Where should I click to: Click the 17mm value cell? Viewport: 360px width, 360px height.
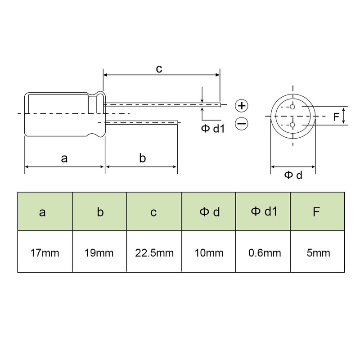(x=45, y=252)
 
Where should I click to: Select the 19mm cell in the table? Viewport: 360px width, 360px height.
(x=99, y=252)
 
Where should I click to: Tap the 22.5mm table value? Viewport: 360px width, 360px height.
(x=154, y=252)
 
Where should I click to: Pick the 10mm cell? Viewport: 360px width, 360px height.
(x=209, y=252)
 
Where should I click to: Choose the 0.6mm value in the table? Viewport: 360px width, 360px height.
(x=263, y=252)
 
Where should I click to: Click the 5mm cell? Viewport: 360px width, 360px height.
(x=318, y=252)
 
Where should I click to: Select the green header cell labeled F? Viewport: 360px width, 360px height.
(x=318, y=212)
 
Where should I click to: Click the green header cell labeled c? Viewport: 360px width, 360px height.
(x=154, y=212)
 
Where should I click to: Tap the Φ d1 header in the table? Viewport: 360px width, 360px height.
(x=263, y=211)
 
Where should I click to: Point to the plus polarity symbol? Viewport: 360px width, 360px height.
(x=242, y=106)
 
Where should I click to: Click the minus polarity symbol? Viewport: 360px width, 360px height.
(x=242, y=123)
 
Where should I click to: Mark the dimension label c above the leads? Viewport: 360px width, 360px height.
(x=159, y=68)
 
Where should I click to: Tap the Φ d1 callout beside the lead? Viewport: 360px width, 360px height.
(x=212, y=129)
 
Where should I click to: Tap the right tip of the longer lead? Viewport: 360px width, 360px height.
(x=220, y=105)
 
